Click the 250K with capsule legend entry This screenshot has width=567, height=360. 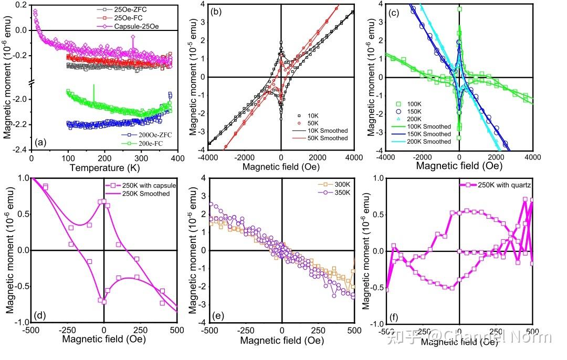pyautogui.click(x=143, y=186)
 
